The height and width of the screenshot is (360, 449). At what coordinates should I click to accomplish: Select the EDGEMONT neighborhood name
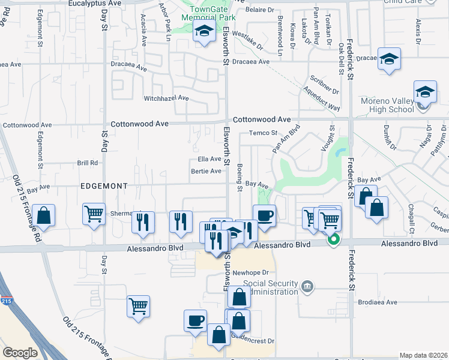tap(104, 187)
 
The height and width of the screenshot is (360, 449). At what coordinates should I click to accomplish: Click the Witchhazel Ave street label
tap(166, 98)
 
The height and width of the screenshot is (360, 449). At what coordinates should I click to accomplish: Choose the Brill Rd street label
tap(87, 163)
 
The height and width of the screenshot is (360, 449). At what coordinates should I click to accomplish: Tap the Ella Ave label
tap(209, 159)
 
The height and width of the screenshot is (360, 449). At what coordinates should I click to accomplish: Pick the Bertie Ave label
tap(206, 171)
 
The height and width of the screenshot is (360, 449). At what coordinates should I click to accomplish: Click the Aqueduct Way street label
tap(322, 99)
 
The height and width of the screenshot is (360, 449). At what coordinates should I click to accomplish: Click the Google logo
tap(20, 352)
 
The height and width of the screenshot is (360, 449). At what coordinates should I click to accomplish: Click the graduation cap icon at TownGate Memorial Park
tap(204, 32)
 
